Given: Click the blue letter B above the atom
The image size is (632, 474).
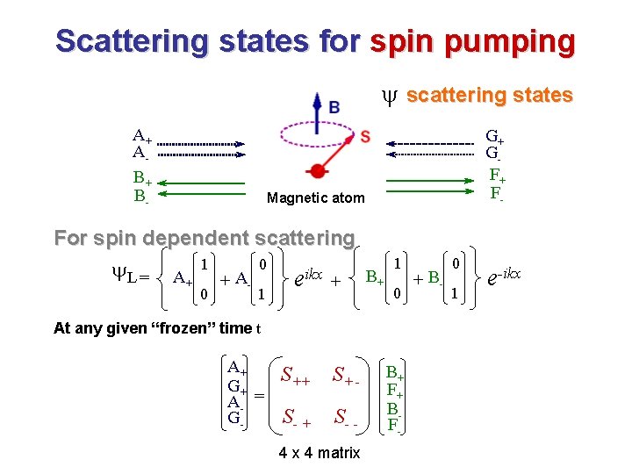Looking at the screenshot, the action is click(x=334, y=108).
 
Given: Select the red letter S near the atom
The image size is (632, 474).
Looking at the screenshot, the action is click(x=364, y=137).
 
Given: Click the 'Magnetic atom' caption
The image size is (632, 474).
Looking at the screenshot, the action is click(x=315, y=198).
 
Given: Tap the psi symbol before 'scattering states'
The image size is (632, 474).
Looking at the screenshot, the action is click(x=391, y=96).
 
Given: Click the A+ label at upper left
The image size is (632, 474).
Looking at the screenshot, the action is click(x=141, y=136).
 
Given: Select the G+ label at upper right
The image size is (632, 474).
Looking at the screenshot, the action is click(x=494, y=137).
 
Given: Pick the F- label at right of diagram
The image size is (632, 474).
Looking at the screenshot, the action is click(x=497, y=193).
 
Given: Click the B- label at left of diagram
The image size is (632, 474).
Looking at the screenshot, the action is click(x=141, y=196).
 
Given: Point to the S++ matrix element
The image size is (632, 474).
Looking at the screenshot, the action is click(x=294, y=377).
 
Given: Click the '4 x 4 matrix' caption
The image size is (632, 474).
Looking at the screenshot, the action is click(x=319, y=453).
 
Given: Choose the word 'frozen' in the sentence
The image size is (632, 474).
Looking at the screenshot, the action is click(x=190, y=328).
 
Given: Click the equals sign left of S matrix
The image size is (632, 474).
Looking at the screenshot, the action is click(x=259, y=396).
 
